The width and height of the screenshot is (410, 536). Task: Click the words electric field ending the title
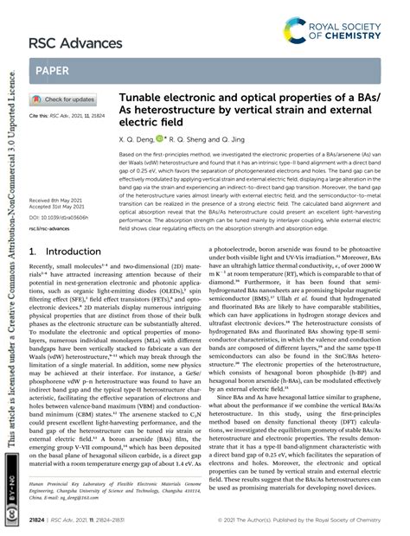coord(147,131)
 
